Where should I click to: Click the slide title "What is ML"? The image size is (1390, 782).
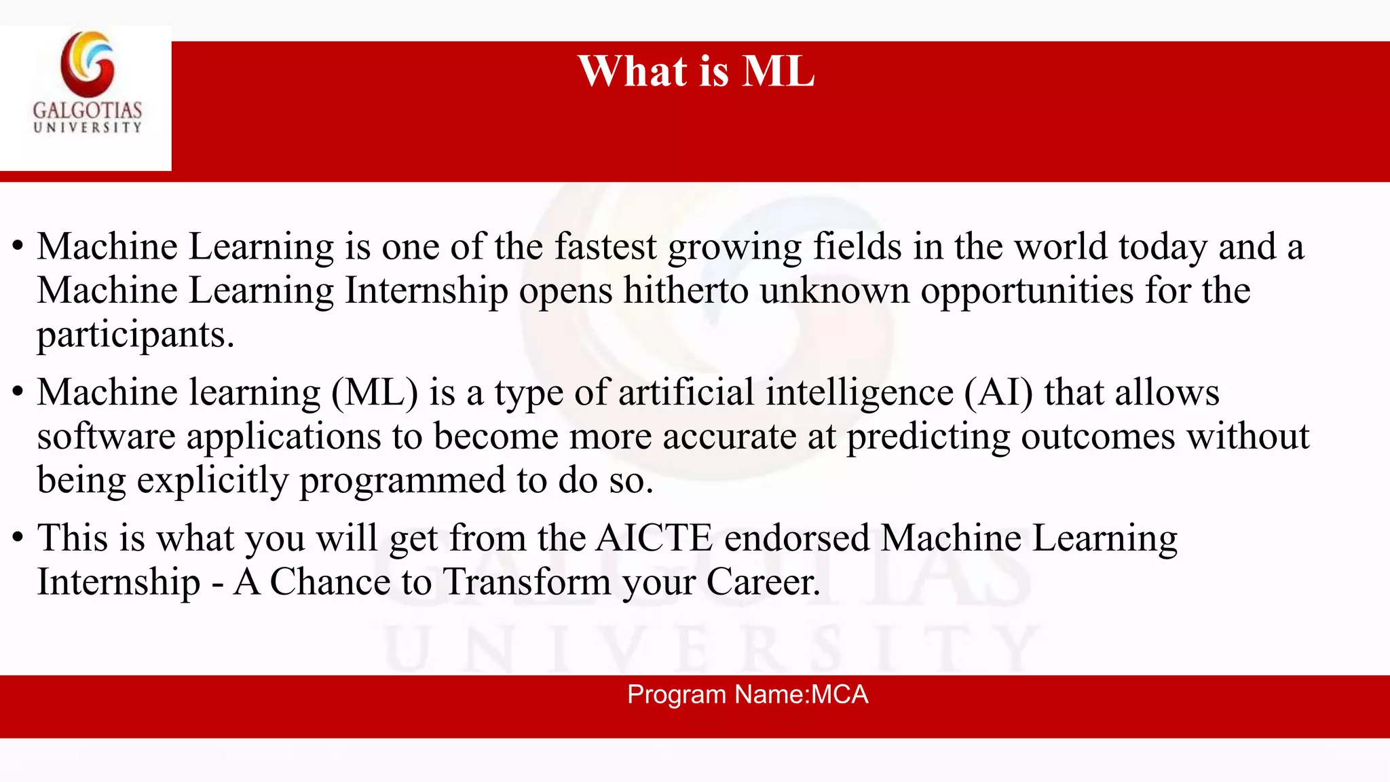click(x=696, y=71)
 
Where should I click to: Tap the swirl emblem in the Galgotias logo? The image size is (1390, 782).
click(x=88, y=64)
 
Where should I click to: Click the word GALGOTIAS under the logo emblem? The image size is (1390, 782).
click(x=88, y=110)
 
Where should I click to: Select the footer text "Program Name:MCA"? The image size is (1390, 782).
click(x=747, y=694)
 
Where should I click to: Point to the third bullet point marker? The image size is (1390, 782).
click(x=18, y=538)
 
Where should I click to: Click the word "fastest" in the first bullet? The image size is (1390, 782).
click(x=605, y=246)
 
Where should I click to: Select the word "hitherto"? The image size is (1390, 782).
click(x=685, y=291)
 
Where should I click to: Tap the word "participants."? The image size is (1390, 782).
click(x=135, y=335)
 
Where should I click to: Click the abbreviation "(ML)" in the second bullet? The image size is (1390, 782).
click(x=375, y=392)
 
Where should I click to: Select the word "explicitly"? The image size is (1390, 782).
click(x=212, y=481)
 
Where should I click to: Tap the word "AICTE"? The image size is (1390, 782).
click(x=654, y=538)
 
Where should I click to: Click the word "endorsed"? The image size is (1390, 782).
click(x=797, y=538)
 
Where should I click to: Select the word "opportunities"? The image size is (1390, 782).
click(x=1027, y=291)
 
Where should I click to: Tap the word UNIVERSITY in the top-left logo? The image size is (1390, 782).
click(x=88, y=127)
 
